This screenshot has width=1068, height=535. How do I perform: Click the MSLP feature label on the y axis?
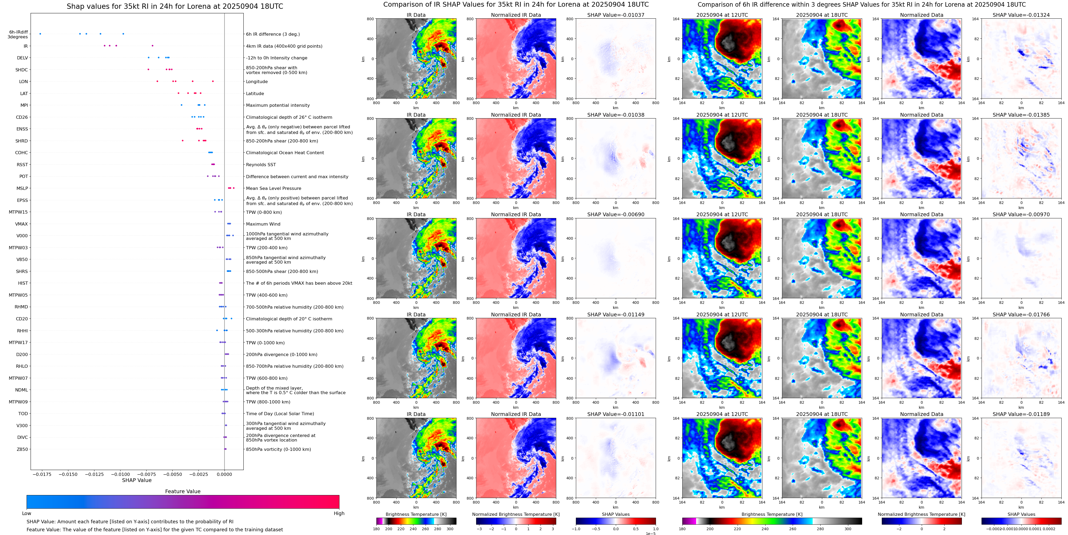(22, 189)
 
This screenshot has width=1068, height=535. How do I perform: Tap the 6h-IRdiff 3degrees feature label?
(18, 34)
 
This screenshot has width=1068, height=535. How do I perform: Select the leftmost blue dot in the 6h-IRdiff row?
(40, 34)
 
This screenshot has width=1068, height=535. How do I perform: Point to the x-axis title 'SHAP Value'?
(137, 480)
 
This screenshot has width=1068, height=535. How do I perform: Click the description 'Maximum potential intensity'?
(278, 105)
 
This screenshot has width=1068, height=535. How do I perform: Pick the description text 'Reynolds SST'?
(261, 165)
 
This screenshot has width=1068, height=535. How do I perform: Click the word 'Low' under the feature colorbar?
(27, 513)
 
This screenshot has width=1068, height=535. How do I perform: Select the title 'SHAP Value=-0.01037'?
(616, 15)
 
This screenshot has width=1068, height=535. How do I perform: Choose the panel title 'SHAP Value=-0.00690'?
(616, 215)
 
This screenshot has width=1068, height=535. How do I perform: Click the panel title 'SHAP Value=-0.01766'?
(1021, 315)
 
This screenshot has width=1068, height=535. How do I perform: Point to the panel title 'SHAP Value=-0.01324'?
(1021, 15)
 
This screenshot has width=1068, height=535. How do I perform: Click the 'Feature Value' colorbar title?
(182, 491)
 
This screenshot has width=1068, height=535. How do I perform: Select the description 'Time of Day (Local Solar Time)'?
(280, 414)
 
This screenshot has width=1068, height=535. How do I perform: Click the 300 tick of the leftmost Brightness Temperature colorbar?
(450, 529)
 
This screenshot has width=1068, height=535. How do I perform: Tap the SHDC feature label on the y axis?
(22, 70)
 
